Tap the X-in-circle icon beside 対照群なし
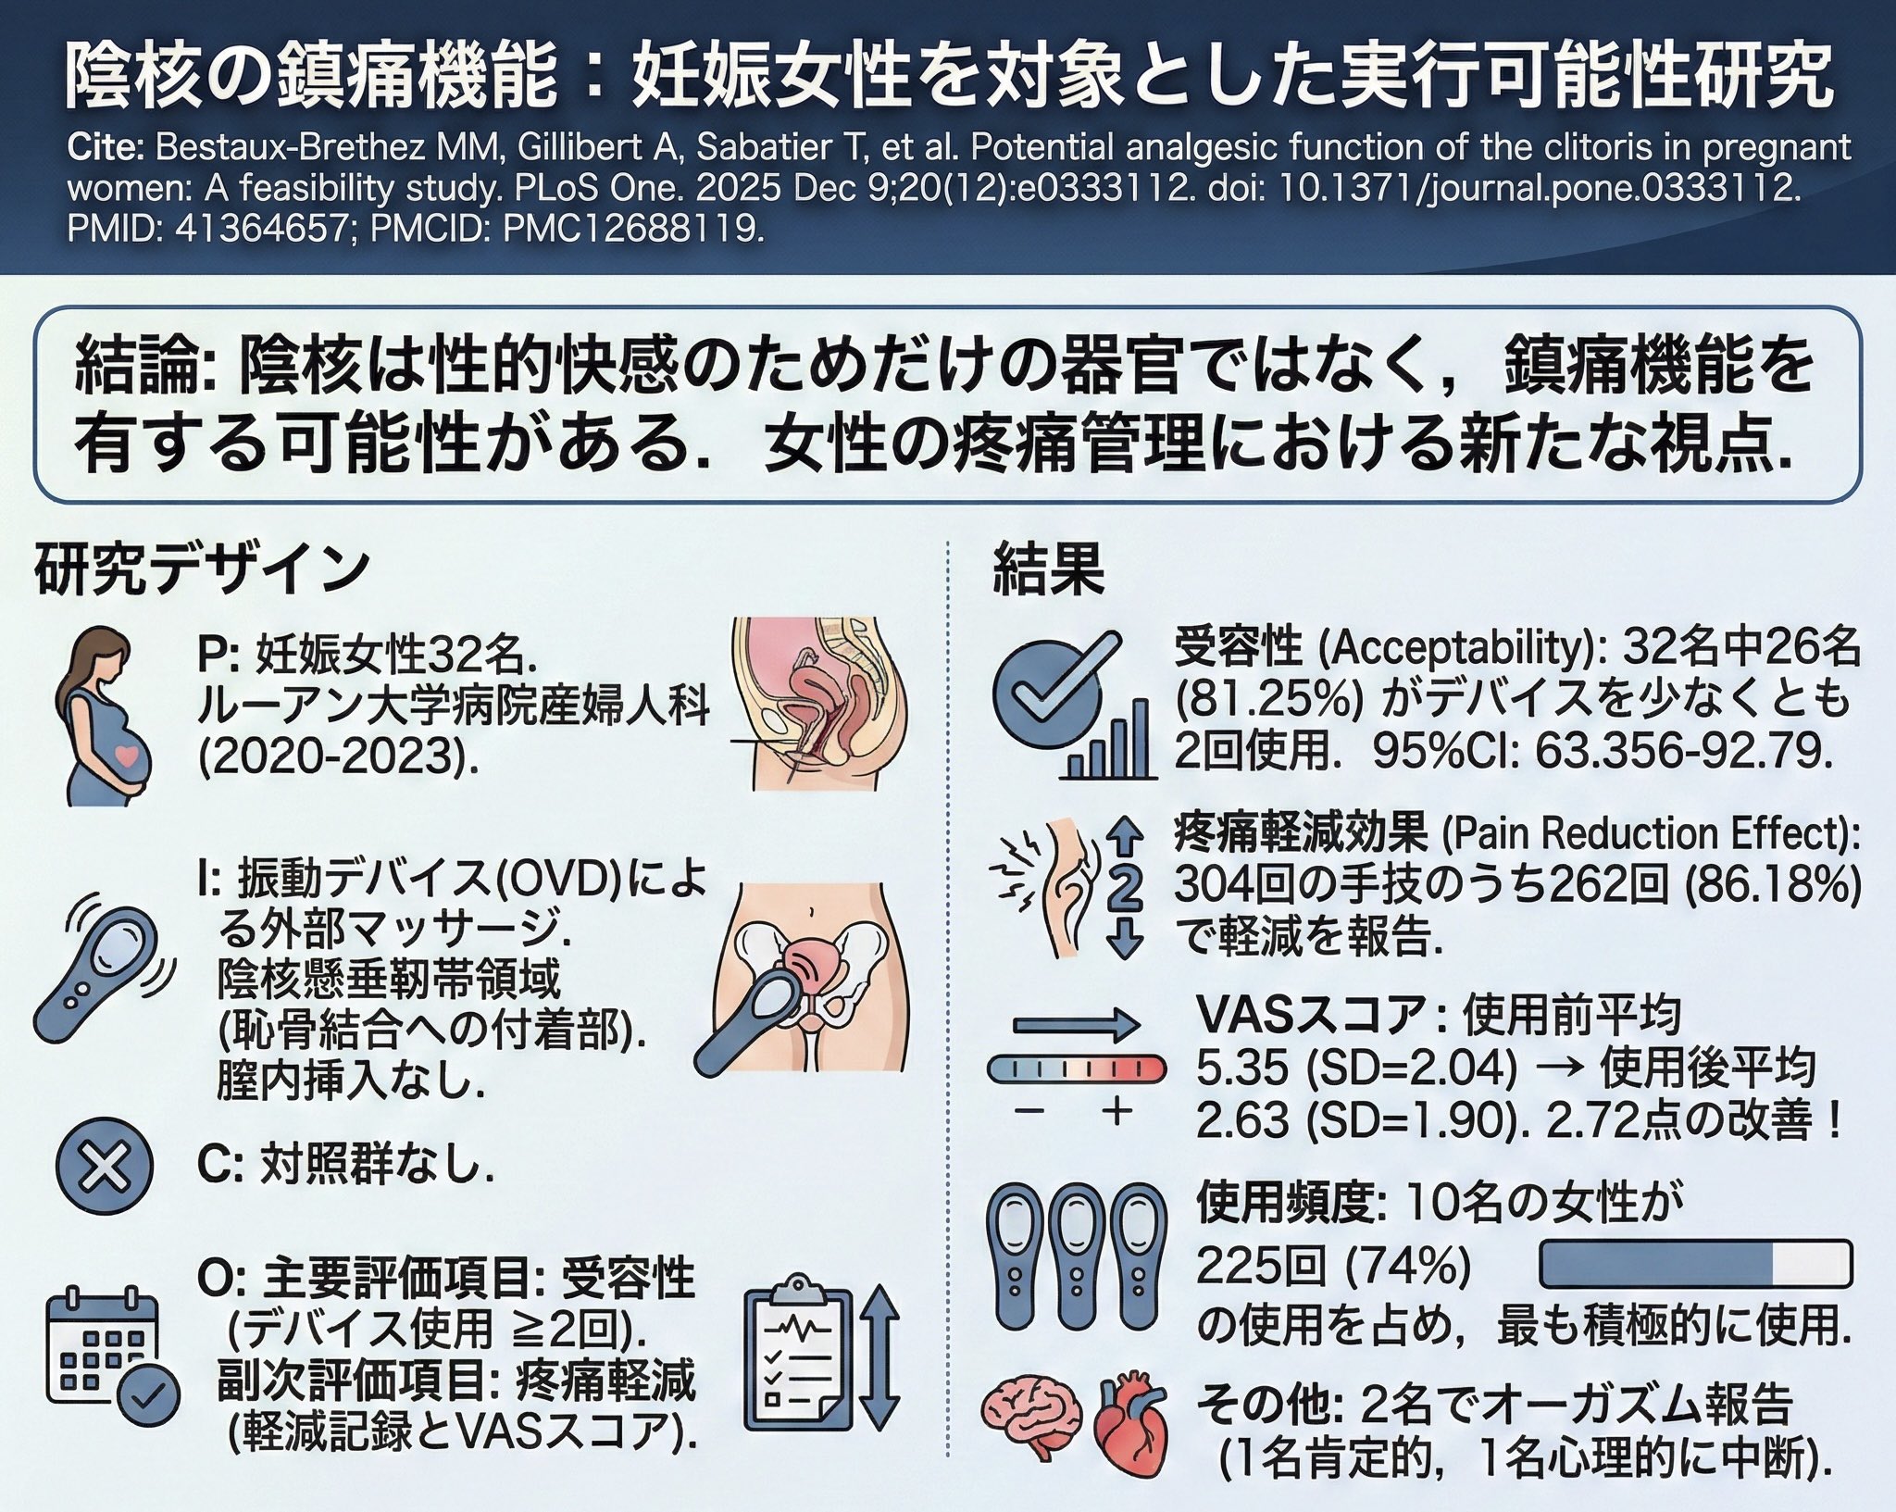coord(104,1164)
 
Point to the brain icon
coord(1033,1431)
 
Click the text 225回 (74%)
coord(1333,1266)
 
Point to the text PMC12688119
coord(633,228)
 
